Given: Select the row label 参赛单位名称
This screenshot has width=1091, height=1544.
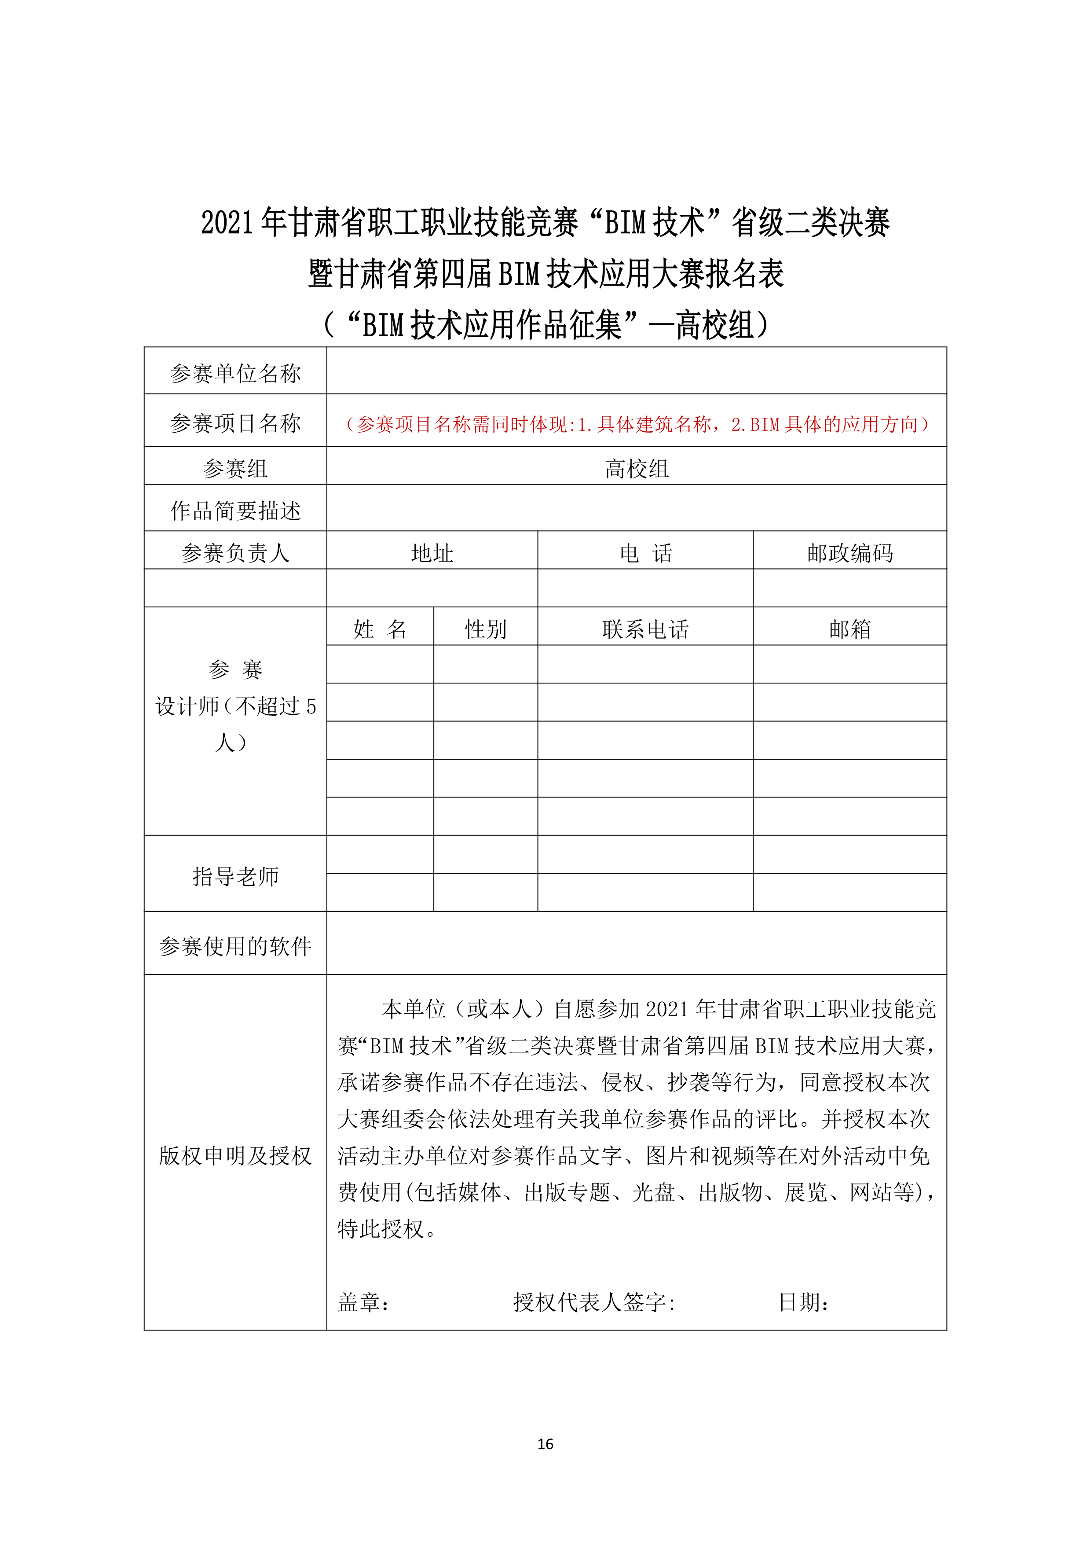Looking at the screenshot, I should (x=235, y=373).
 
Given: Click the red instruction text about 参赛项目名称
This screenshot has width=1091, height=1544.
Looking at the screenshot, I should (x=636, y=424).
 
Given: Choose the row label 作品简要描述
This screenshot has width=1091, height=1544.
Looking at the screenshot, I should (x=235, y=511).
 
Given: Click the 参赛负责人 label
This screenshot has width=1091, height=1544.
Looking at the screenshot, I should (x=235, y=553).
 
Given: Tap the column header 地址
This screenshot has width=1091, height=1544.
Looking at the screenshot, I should (x=432, y=553).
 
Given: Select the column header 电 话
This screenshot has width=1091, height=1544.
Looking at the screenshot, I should (x=645, y=553).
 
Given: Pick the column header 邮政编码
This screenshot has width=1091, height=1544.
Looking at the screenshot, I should (x=849, y=553).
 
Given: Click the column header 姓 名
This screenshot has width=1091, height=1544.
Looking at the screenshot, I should (x=380, y=629).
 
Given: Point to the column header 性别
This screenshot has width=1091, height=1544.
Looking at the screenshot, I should (x=485, y=629).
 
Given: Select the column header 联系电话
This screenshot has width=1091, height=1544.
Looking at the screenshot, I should (x=645, y=629).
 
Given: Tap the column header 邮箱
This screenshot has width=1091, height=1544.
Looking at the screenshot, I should (x=849, y=629).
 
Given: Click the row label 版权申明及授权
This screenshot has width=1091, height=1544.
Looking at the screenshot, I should (x=235, y=1154).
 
